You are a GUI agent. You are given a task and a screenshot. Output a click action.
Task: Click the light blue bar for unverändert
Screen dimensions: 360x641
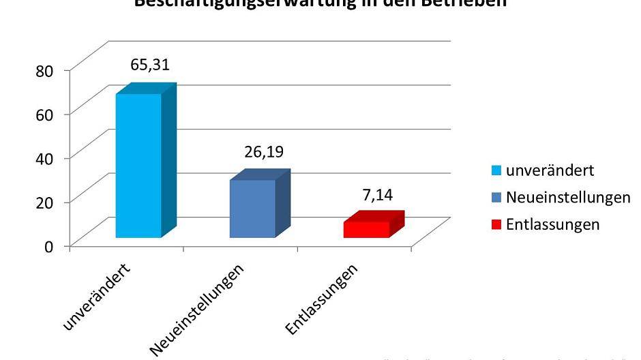coord(138,165)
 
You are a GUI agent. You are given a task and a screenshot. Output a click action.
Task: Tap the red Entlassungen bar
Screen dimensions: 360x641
coord(366,229)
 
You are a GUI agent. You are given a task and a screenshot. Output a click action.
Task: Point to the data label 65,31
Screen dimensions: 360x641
coord(150,65)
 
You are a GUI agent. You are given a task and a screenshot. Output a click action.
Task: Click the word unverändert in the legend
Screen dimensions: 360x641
coord(550,169)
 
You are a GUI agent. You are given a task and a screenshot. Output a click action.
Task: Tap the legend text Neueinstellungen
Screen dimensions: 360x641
coord(568,197)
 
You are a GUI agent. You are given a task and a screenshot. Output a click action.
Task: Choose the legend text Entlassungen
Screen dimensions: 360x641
coord(553,224)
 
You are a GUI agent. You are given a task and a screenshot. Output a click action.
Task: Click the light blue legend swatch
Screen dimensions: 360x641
coord(497,170)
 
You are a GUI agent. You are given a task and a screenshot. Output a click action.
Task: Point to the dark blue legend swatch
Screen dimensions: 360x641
coord(497,198)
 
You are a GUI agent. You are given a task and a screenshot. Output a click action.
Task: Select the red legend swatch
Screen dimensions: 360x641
coord(497,225)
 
